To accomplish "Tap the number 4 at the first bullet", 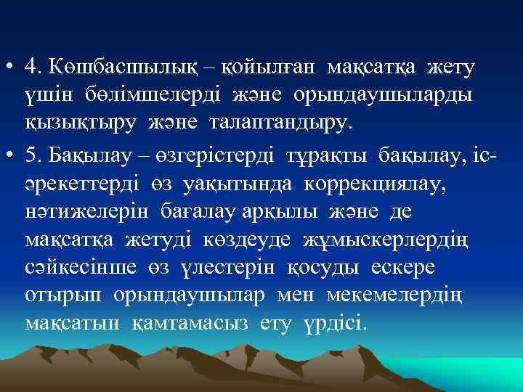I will point(30,68).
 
